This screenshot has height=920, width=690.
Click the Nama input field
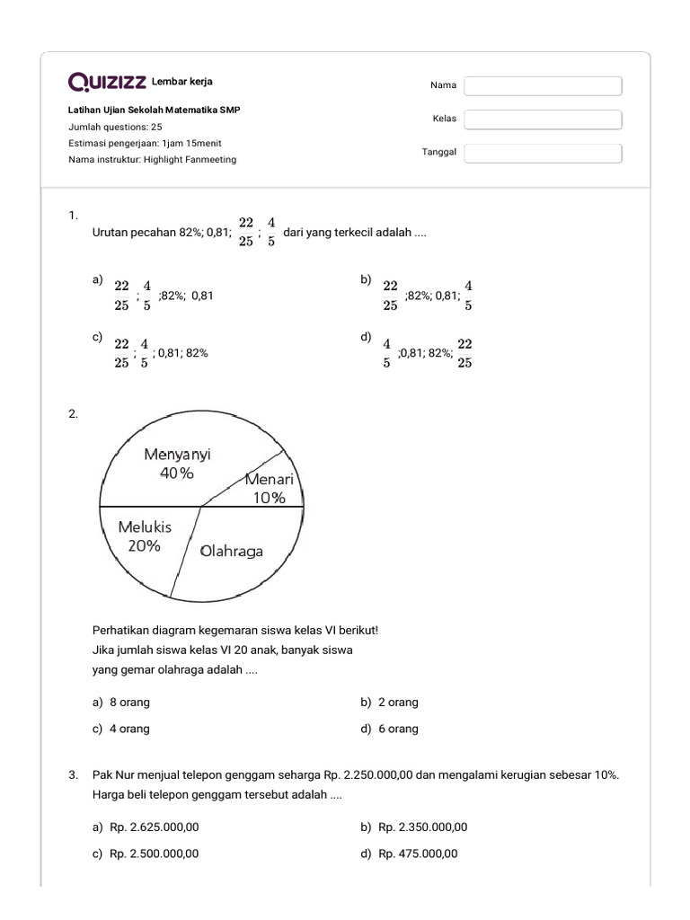543,85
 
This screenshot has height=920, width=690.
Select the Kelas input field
543,119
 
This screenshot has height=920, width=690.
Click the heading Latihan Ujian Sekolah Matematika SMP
154,110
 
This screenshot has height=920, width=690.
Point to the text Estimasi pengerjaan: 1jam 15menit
145,143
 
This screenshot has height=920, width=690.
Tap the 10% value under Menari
267,498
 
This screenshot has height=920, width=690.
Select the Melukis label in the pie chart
145,527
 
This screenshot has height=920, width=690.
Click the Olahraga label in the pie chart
232,551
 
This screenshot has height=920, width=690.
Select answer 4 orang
129,729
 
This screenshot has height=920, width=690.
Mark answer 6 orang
398,729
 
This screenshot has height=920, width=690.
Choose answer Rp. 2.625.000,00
154,827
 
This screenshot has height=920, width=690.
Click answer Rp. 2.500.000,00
154,854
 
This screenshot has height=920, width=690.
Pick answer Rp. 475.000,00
418,854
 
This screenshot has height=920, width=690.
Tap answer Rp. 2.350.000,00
422,827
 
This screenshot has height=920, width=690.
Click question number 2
73,414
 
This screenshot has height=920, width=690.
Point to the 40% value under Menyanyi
177,473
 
